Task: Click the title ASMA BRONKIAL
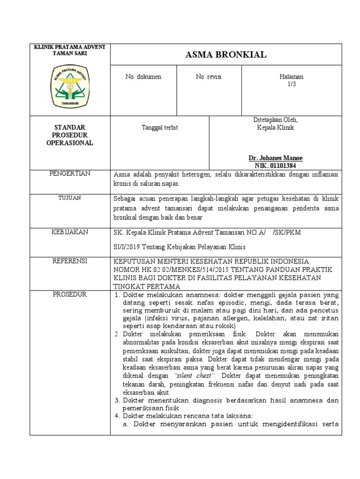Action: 226,55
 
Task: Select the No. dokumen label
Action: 143,77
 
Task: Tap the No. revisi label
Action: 209,77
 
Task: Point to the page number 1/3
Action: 292,84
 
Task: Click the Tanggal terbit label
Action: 160,127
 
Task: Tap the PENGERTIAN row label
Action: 70,174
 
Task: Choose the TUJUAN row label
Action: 70,198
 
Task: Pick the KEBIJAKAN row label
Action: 70,232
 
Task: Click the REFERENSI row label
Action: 70,261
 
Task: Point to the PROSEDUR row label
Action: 70,294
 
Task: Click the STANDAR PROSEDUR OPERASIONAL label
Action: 70,135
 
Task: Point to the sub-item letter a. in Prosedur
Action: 126,424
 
